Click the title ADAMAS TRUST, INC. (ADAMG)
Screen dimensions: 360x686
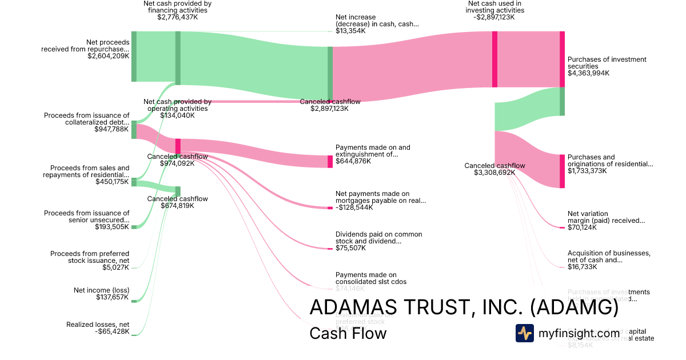464,307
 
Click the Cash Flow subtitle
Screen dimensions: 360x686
348,333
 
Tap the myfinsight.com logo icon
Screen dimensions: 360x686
524,333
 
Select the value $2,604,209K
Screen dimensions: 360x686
109,56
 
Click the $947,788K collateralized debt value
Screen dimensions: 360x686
112,130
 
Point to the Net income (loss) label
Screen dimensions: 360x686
101,290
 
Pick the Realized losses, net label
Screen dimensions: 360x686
98,325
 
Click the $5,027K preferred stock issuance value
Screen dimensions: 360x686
117,267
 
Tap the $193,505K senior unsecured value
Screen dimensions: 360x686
112,227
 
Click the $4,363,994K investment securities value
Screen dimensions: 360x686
588,73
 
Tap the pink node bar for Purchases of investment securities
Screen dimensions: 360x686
562,59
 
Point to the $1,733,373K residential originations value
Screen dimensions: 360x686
587,171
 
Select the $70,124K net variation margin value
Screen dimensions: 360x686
582,227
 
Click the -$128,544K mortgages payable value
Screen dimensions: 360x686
354,207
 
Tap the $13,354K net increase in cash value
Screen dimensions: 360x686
350,31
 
